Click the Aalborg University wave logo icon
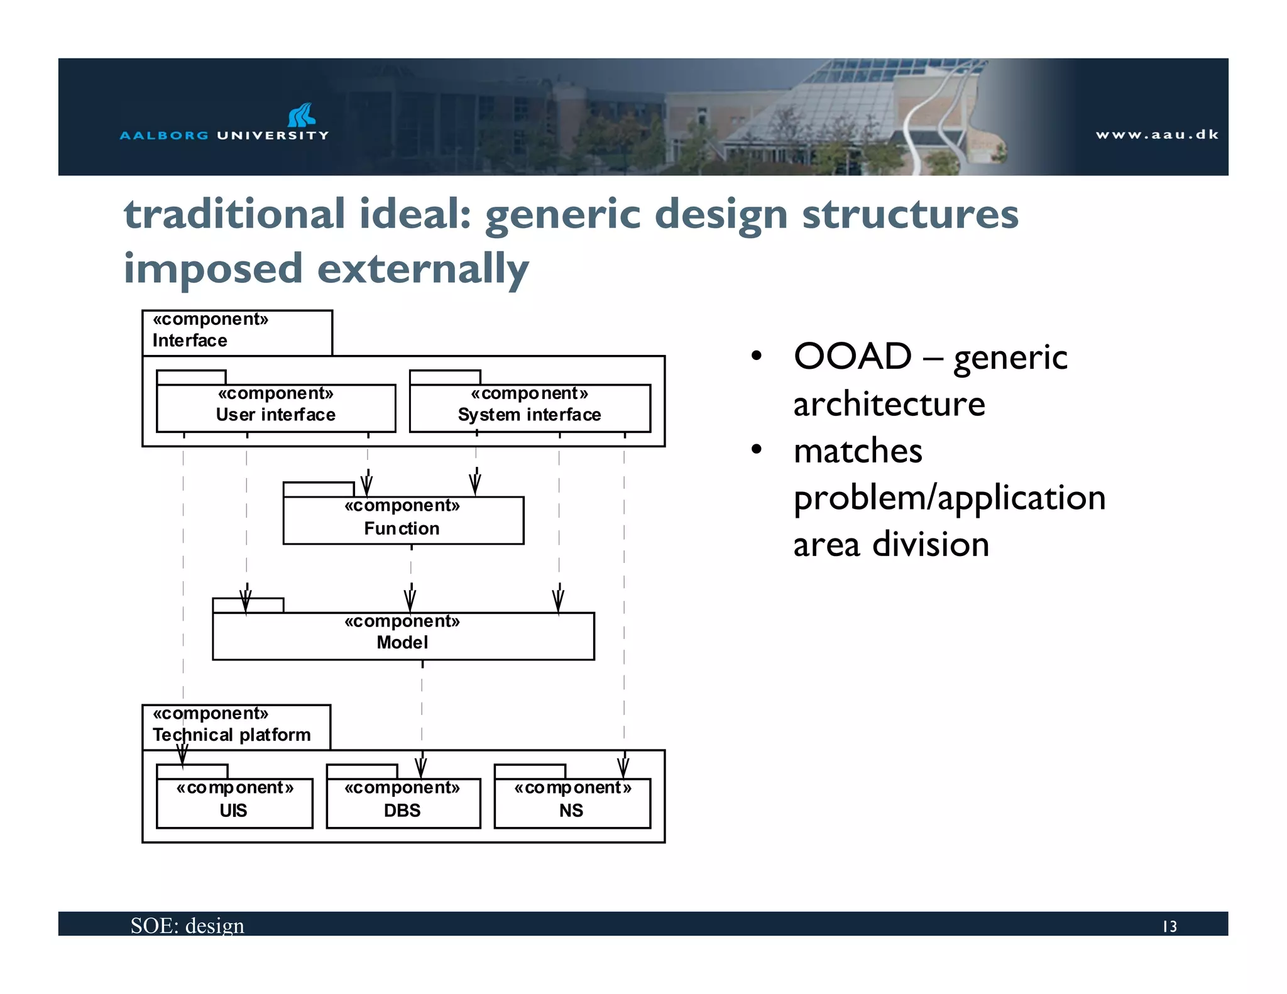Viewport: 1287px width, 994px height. (301, 115)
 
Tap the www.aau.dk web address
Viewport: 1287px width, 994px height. (1156, 134)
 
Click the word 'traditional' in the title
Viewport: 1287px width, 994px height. (234, 214)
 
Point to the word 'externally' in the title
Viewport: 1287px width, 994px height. (423, 269)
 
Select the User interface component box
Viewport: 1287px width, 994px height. (276, 407)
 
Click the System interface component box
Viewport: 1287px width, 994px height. (529, 407)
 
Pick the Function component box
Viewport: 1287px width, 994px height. (403, 520)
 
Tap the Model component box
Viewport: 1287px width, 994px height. (403, 635)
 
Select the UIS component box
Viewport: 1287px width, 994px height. (234, 802)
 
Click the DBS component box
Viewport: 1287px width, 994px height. (403, 802)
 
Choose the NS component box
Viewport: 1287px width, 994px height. (572, 802)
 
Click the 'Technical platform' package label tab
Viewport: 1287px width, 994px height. (236, 726)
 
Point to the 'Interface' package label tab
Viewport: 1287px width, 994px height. (236, 332)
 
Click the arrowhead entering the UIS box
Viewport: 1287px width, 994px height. (182, 756)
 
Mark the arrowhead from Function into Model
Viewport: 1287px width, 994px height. (410, 600)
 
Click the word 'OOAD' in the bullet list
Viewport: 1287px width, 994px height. (852, 357)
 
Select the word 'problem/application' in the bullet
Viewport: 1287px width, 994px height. (949, 498)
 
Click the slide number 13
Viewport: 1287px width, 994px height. (1169, 926)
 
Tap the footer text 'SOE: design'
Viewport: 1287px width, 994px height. (187, 926)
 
